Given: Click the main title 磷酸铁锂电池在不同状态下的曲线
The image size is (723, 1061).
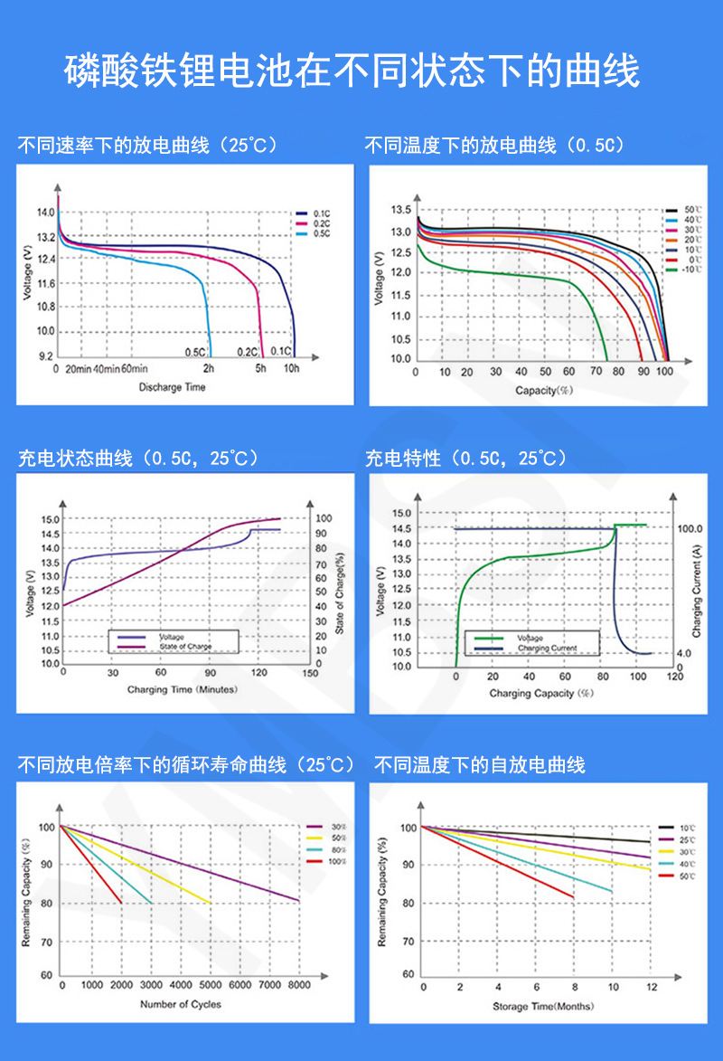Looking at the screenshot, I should [x=352, y=71].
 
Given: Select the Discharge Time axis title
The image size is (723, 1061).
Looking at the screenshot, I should [x=172, y=387].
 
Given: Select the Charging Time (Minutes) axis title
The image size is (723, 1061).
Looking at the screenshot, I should [x=181, y=689].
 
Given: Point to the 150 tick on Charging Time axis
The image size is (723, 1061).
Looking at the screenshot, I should [x=310, y=673].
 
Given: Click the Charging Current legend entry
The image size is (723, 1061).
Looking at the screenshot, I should [x=545, y=648].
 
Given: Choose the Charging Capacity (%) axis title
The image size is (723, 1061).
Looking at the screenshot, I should [x=540, y=693].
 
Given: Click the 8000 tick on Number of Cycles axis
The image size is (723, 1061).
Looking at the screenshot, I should [x=299, y=984].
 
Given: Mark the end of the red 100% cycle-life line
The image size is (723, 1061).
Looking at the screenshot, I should [x=121, y=902].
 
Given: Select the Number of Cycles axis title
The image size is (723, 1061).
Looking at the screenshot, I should [x=181, y=1003].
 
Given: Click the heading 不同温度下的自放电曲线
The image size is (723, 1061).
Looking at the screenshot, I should [x=480, y=765].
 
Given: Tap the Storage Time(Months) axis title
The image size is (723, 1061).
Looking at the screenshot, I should [x=543, y=1006].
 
